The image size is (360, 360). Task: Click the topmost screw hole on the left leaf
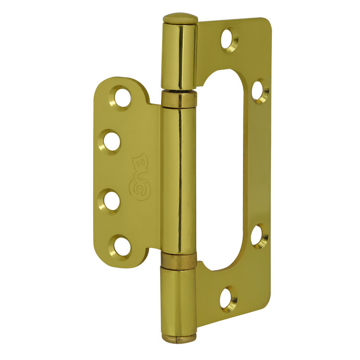(x=121, y=98)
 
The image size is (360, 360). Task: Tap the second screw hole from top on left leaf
(x=111, y=141)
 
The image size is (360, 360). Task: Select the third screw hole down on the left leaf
(x=111, y=201)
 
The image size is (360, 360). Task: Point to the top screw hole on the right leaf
(x=229, y=40)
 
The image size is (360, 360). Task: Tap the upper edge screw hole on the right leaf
(x=260, y=91)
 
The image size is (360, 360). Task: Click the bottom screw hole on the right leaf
(x=228, y=298)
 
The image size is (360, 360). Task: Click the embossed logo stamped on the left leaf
(x=140, y=176)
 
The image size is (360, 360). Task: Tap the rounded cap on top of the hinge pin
(x=180, y=18)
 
